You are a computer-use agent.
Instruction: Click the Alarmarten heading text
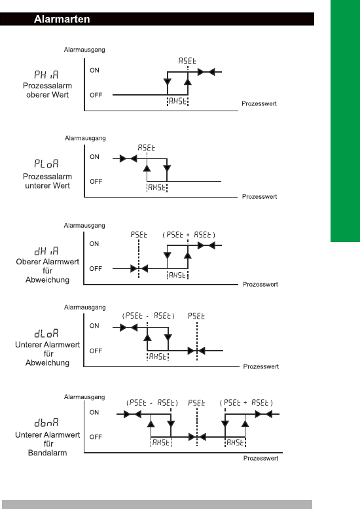62,19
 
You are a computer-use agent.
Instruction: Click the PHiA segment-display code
46,75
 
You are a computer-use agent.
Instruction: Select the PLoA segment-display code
46,164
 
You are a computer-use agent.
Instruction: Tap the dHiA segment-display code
46,251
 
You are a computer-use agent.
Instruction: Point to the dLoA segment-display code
46,334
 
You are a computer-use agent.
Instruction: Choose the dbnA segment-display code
46,423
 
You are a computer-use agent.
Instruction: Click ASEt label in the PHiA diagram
187,61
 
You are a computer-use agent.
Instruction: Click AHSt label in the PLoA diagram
156,187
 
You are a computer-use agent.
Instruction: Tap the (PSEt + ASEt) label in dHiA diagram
189,235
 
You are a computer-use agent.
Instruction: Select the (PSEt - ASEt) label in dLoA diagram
149,315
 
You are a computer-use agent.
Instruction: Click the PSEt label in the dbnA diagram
196,403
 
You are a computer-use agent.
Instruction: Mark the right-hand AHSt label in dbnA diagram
235,442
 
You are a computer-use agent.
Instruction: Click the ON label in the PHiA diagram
94,70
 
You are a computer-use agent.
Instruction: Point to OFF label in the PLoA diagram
96,181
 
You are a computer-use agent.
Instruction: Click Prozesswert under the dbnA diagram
261,458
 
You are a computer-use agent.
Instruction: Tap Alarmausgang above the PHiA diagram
84,50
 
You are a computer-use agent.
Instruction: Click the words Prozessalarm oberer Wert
47,90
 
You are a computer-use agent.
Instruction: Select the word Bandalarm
47,453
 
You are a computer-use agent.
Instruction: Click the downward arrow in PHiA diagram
168,82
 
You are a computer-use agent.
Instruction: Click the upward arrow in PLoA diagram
147,168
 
